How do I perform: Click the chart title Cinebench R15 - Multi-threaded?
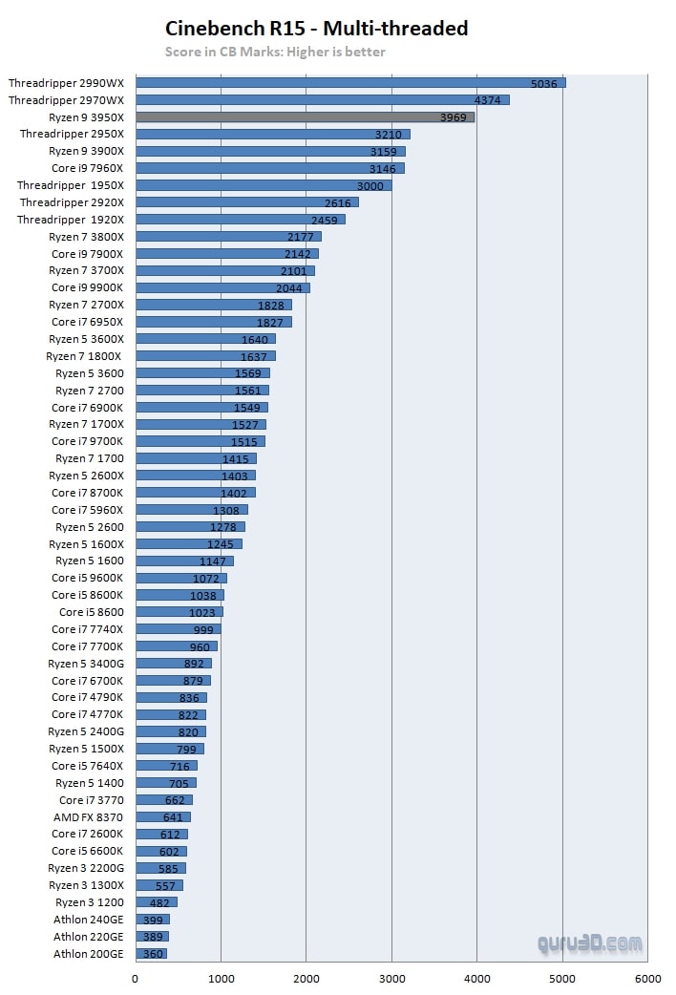(x=317, y=29)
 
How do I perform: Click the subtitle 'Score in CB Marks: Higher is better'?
(x=275, y=52)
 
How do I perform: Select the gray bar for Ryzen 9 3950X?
(x=305, y=117)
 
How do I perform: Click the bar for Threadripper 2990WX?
(x=350, y=83)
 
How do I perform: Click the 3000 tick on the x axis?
(x=391, y=979)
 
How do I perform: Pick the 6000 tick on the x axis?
(x=647, y=979)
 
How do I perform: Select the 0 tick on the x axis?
(x=136, y=979)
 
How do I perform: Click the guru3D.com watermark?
(x=591, y=943)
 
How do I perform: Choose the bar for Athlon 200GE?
(x=151, y=954)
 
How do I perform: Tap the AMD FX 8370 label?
(x=88, y=817)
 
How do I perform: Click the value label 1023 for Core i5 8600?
(x=202, y=612)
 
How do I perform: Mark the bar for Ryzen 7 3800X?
(x=228, y=237)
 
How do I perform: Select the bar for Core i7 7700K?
(x=177, y=646)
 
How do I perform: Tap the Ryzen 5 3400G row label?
(x=86, y=664)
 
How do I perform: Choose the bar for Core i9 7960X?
(x=269, y=168)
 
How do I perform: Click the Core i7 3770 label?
(x=91, y=800)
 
